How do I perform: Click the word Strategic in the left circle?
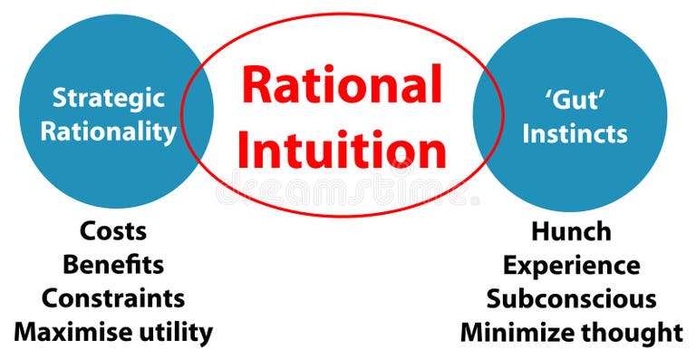pyautogui.click(x=109, y=97)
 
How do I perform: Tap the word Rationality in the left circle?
pyautogui.click(x=109, y=131)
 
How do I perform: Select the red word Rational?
pyautogui.click(x=343, y=88)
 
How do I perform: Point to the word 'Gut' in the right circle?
pyautogui.click(x=569, y=97)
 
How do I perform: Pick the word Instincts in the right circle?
pyautogui.click(x=574, y=133)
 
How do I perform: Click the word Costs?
pyautogui.click(x=113, y=231)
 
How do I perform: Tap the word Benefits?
pyautogui.click(x=113, y=265)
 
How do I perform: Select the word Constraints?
pyautogui.click(x=113, y=297)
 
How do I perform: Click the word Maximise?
pyautogui.click(x=72, y=332)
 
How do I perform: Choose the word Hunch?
pyautogui.click(x=571, y=231)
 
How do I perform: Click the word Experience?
pyautogui.click(x=571, y=266)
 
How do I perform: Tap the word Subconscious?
pyautogui.click(x=571, y=298)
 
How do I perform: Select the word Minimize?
pyautogui.click(x=517, y=332)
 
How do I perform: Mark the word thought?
pyautogui.click(x=631, y=332)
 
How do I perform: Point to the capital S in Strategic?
pyautogui.click(x=59, y=97)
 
